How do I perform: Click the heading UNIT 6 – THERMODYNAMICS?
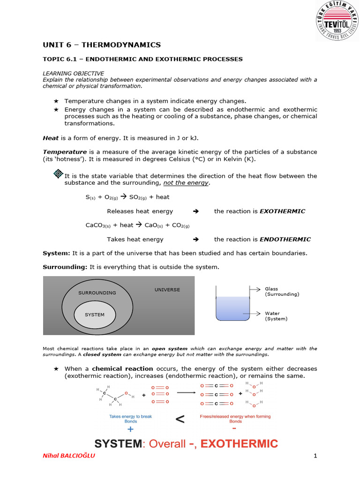click(102, 45)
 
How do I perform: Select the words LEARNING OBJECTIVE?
click(73, 74)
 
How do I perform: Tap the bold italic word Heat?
click(51, 138)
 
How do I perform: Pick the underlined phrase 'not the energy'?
click(186, 183)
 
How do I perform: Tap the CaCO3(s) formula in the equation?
click(97, 225)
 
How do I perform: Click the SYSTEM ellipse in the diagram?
click(95, 315)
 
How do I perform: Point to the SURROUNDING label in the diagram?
click(97, 292)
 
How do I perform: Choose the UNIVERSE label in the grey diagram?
click(167, 290)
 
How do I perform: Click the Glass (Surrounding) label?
click(282, 292)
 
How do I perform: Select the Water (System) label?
click(276, 316)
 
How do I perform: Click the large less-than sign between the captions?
click(180, 420)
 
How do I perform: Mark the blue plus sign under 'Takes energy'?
click(130, 429)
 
